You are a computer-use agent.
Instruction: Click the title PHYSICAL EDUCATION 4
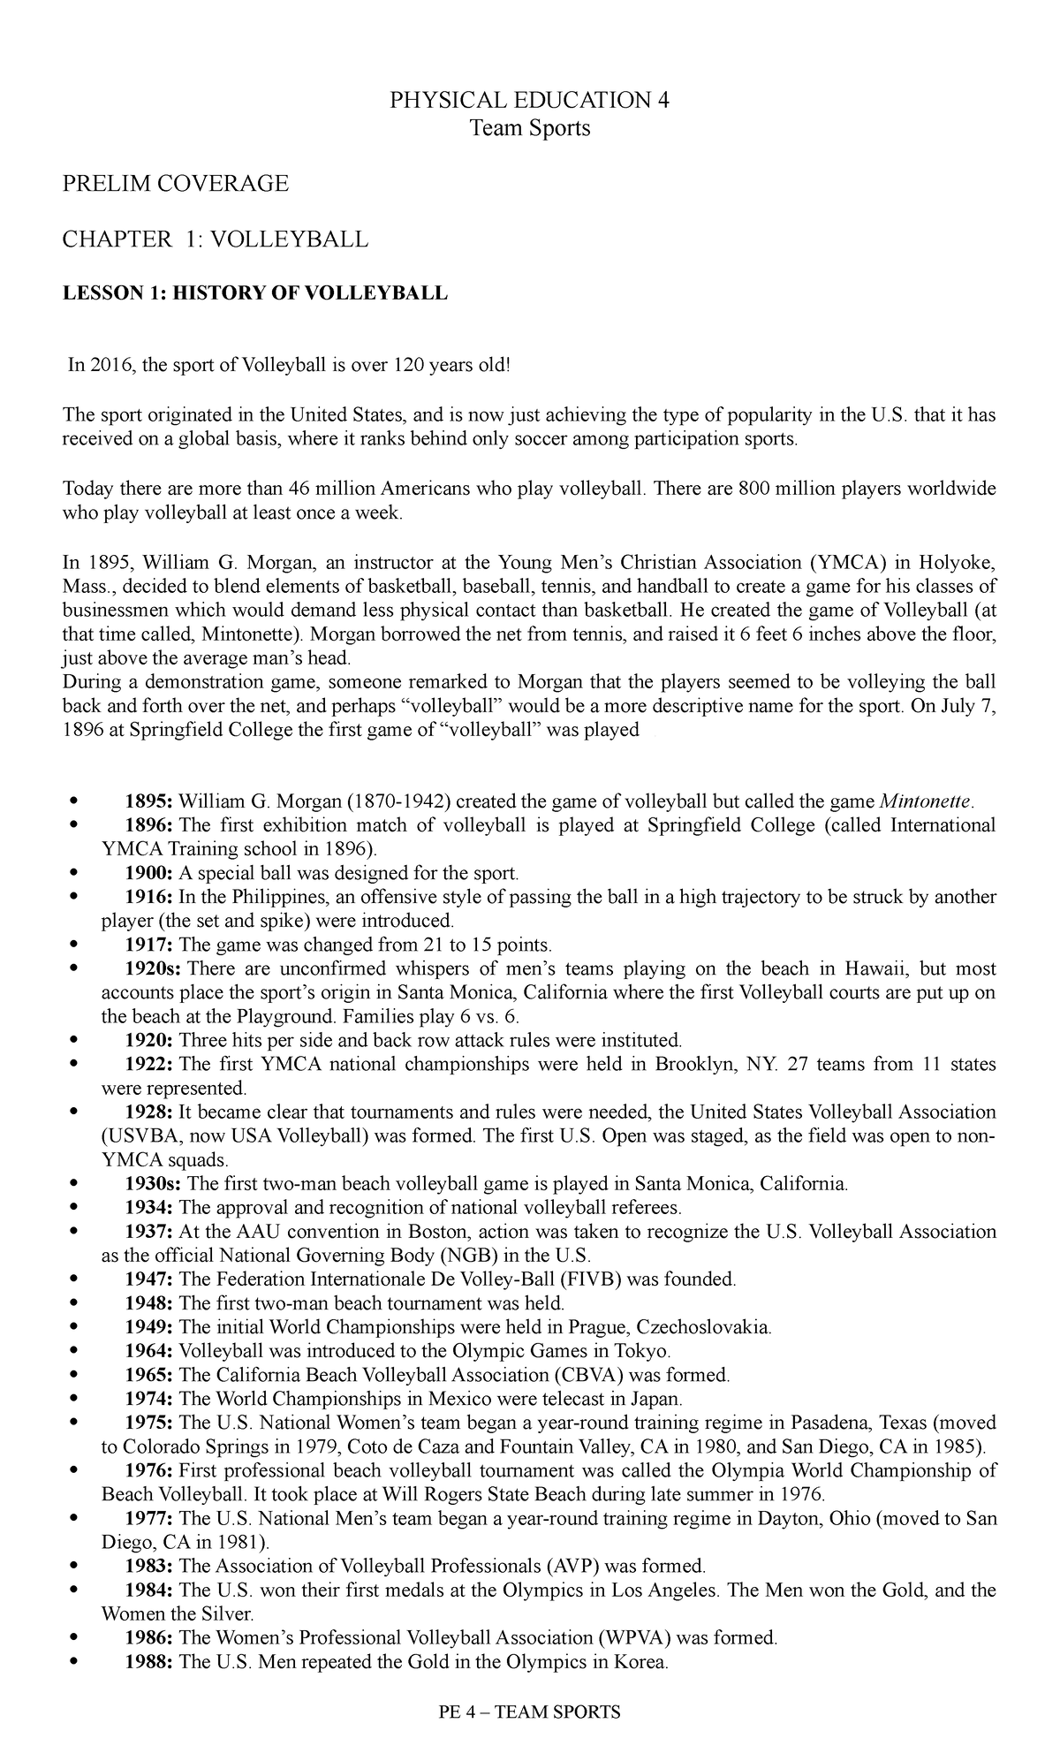pos(530,100)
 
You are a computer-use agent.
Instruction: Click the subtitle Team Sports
pos(530,128)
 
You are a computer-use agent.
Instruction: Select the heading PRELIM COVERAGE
pos(174,183)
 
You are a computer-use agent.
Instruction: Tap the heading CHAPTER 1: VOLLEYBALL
pos(215,239)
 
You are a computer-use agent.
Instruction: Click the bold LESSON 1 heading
pos(254,293)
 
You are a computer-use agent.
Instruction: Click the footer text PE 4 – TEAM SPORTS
pos(530,1712)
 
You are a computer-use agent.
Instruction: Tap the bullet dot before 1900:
pos(73,874)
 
